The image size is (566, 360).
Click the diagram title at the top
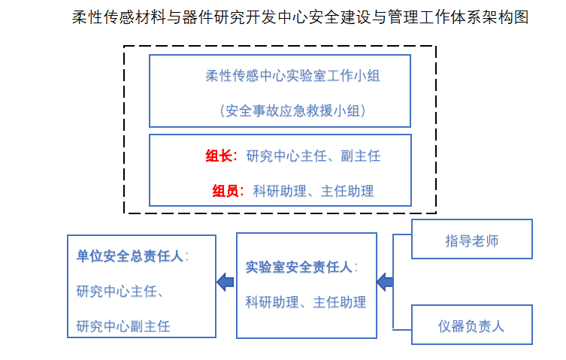[300, 17]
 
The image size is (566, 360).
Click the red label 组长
[220, 156]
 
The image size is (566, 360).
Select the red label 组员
[227, 191]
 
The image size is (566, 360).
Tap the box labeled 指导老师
[471, 241]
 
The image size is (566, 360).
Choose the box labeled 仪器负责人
[471, 325]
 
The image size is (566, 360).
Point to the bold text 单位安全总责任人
[129, 256]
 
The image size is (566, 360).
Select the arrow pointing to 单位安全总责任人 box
[225, 282]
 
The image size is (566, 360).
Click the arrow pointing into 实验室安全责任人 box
[384, 282]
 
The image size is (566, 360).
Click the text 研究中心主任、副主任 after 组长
[313, 156]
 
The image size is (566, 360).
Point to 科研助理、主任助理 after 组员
[313, 191]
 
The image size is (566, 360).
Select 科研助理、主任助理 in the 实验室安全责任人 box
[305, 302]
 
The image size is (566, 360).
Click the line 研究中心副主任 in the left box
[123, 326]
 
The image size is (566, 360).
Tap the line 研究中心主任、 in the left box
[120, 292]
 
